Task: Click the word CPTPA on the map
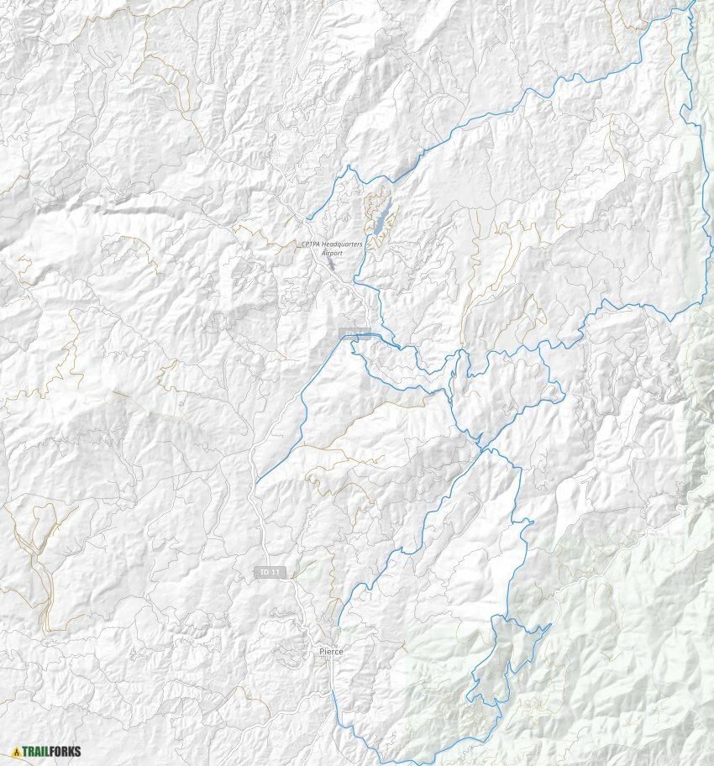[312, 244]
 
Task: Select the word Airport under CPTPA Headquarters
[333, 252]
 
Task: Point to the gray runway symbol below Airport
[331, 265]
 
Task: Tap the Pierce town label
[331, 652]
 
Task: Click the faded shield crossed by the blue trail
[354, 333]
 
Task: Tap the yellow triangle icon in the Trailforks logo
[16, 752]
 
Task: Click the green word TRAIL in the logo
[37, 752]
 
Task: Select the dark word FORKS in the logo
[66, 752]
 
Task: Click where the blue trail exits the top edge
[694, 2]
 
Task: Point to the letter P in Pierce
[322, 652]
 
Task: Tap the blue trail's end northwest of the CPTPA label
[307, 219]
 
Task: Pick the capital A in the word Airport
[324, 252]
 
